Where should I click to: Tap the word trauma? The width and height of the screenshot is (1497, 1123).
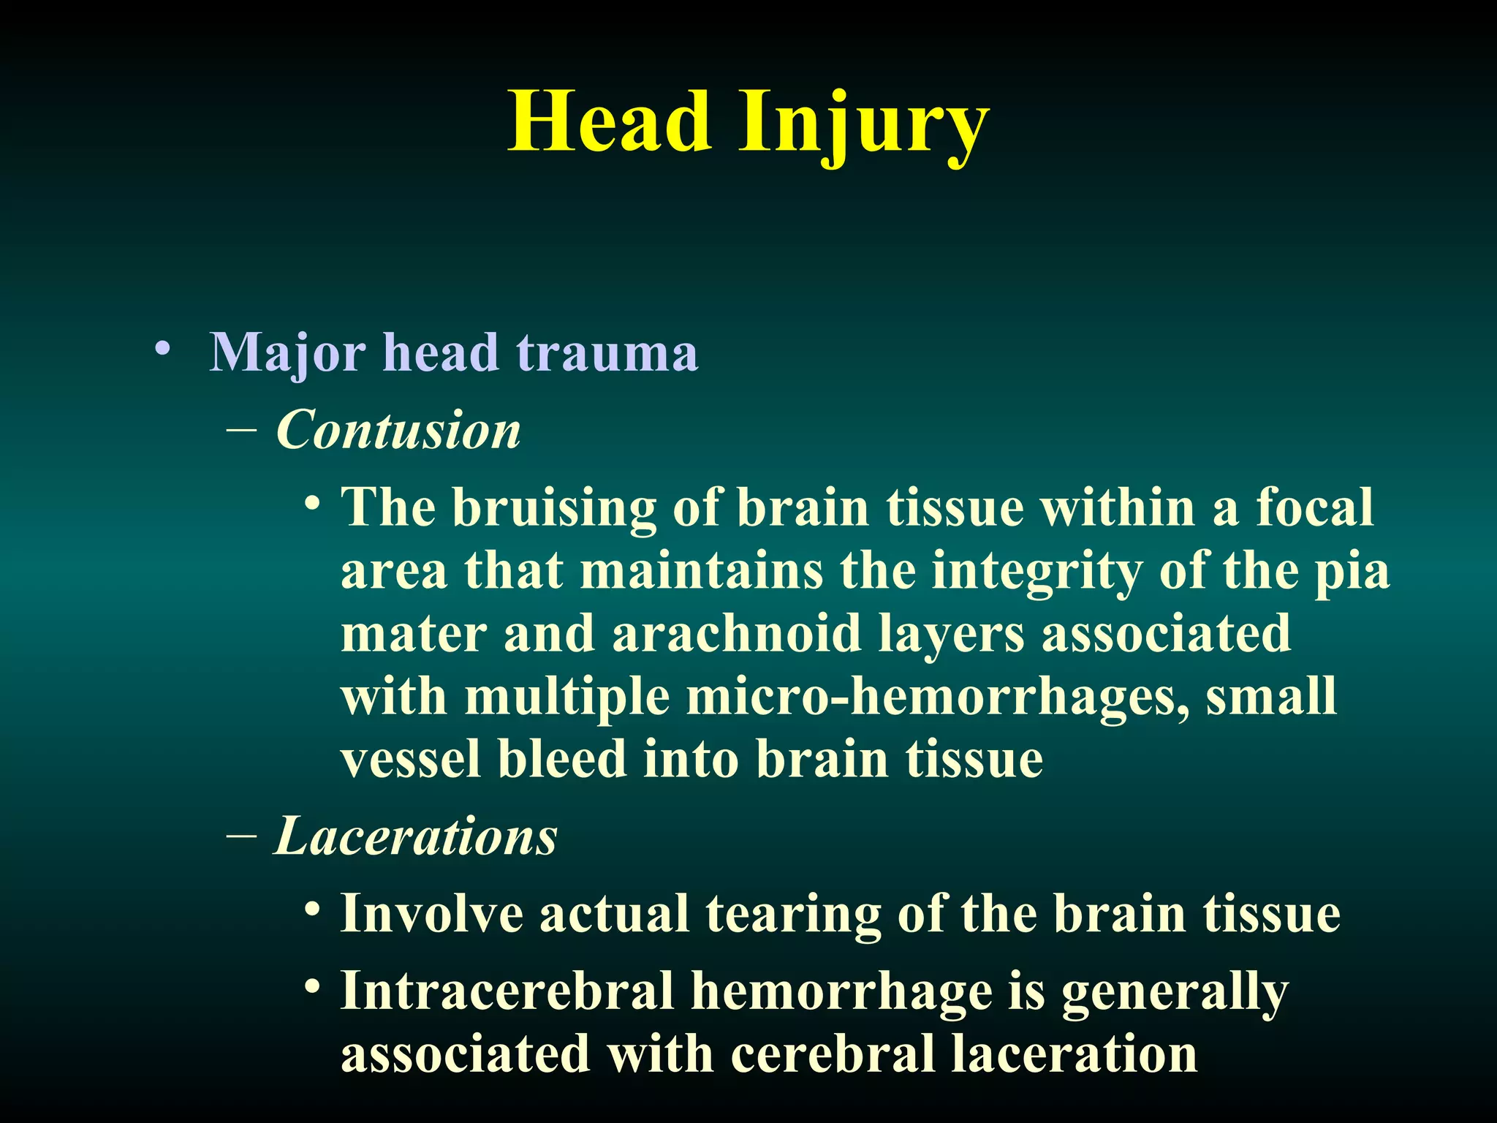(607, 354)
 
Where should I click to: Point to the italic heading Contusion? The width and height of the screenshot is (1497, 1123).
(398, 430)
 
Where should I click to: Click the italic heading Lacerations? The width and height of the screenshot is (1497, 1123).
(416, 836)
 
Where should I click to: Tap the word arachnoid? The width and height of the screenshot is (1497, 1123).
(736, 633)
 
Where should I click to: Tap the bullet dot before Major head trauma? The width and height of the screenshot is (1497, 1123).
(163, 347)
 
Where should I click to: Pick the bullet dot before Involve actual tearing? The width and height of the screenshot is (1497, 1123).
(313, 910)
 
